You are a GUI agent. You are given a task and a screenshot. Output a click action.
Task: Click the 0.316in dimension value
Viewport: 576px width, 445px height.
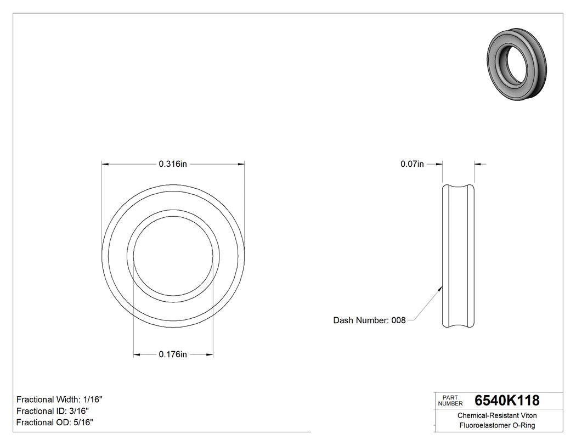(x=173, y=164)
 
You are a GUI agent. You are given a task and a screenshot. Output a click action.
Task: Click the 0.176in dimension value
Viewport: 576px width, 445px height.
(x=173, y=354)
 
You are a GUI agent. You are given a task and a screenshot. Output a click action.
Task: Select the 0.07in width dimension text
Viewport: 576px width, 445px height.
(x=412, y=164)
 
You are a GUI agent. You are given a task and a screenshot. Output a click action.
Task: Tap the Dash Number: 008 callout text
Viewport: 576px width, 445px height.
(x=369, y=320)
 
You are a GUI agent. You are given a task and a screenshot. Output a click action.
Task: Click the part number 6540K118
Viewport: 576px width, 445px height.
(x=507, y=400)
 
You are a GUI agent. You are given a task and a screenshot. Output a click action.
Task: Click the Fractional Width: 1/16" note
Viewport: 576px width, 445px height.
(x=59, y=399)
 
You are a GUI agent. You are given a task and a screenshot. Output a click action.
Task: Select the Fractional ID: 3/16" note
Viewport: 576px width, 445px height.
(x=53, y=411)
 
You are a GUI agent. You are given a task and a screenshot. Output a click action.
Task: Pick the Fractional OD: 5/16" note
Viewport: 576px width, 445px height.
(x=54, y=423)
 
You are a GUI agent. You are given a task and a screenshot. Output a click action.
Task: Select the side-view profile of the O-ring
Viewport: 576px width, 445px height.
(x=459, y=256)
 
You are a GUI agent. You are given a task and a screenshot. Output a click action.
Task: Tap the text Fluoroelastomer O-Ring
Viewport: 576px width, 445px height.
(x=497, y=425)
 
